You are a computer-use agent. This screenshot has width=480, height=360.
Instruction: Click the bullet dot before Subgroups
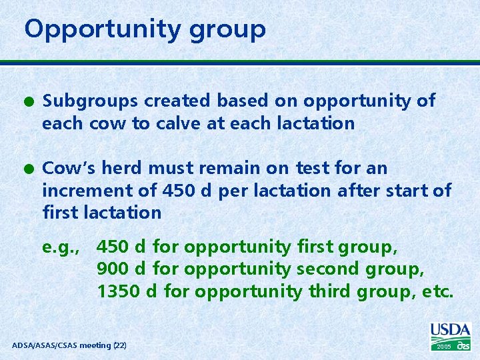pos(29,101)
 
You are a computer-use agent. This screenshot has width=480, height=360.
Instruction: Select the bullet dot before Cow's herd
pos(29,168)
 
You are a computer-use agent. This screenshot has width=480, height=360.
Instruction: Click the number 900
pos(112,269)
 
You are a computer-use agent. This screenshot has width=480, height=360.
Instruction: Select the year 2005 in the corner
pos(444,347)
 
